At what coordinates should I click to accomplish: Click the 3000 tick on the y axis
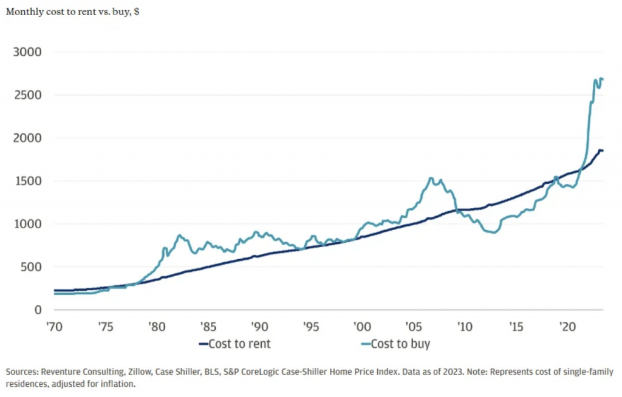[x=27, y=52]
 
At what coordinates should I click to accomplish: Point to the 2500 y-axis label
[x=27, y=95]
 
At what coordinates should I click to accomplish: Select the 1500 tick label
[x=27, y=181]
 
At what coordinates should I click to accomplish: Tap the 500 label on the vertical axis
[x=31, y=267]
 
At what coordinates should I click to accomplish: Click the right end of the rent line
[x=602, y=151]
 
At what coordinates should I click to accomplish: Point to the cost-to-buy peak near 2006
[x=431, y=178]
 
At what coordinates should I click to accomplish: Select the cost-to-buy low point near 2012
[x=494, y=232]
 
